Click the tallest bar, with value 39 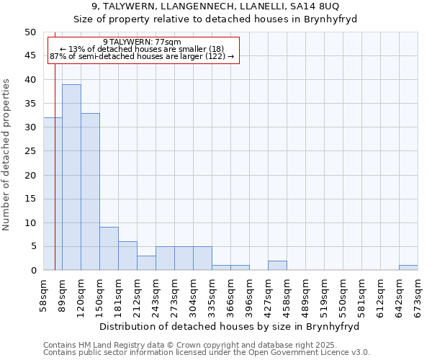71,177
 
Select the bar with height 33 90,192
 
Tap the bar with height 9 109,248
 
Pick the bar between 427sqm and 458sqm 277,265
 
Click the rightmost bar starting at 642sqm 408,268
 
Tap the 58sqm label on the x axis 44,292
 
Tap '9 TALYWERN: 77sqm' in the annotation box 142,42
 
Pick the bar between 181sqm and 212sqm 127,256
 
